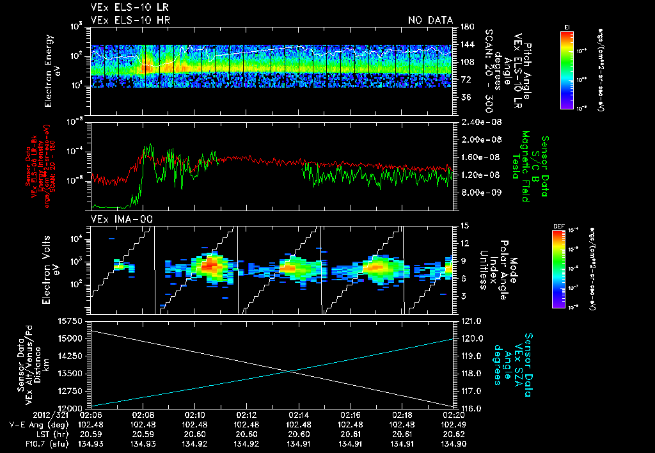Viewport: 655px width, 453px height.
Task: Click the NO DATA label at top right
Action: [x=430, y=20]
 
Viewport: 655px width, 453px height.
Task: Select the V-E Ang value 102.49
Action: [x=452, y=424]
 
